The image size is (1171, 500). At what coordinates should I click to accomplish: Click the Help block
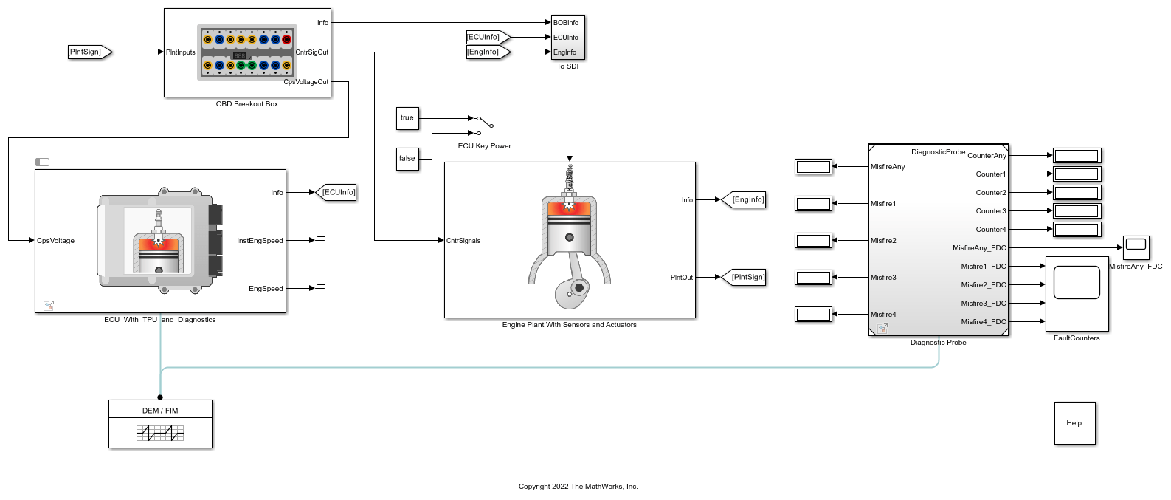click(x=1074, y=423)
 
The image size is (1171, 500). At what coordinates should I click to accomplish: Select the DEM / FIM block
click(x=161, y=424)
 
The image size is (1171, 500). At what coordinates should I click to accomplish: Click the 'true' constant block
click(x=407, y=118)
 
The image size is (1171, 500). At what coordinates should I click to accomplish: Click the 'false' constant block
click(x=407, y=159)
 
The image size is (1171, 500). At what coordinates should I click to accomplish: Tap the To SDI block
click(x=567, y=37)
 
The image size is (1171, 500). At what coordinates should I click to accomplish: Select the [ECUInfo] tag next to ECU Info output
click(x=336, y=193)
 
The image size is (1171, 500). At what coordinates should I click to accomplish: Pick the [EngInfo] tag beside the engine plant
click(x=743, y=200)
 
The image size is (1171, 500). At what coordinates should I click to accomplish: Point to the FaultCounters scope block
click(x=1077, y=294)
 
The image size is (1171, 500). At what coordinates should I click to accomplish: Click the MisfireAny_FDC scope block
click(x=1136, y=248)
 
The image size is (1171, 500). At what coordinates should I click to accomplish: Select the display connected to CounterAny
click(x=1077, y=155)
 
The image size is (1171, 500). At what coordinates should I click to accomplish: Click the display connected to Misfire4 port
click(x=813, y=315)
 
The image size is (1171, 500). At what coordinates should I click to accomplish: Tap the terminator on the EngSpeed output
click(x=321, y=288)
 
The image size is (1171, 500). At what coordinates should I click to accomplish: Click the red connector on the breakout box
click(x=286, y=40)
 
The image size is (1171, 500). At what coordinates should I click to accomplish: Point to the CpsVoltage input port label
click(x=55, y=241)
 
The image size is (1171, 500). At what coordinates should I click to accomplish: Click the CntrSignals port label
click(x=463, y=241)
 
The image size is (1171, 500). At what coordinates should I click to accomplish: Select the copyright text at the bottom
click(x=578, y=487)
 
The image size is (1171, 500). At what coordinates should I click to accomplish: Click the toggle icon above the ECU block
click(x=42, y=162)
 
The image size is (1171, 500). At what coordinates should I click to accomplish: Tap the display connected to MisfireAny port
click(x=813, y=167)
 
